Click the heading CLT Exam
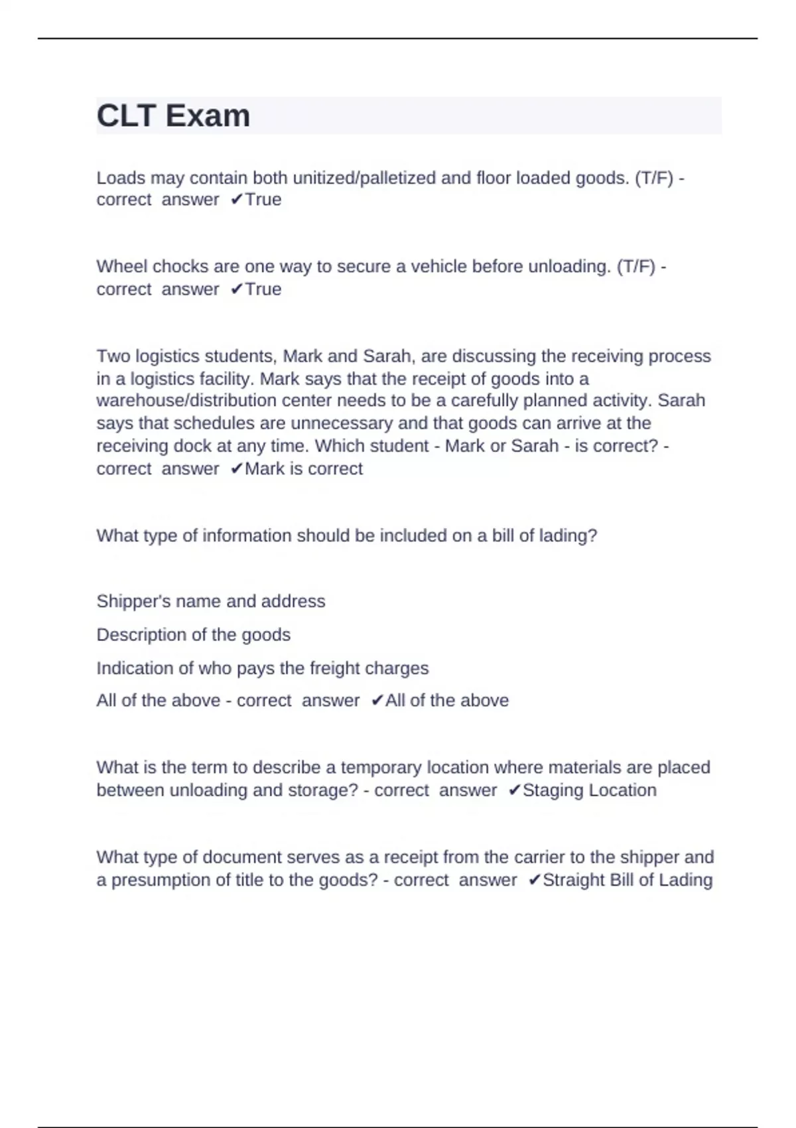point(173,116)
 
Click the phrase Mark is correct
point(304,468)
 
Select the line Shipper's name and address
point(211,601)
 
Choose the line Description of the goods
point(194,635)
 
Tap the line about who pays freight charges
point(263,668)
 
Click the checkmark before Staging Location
point(514,790)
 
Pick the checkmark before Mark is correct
point(236,468)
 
